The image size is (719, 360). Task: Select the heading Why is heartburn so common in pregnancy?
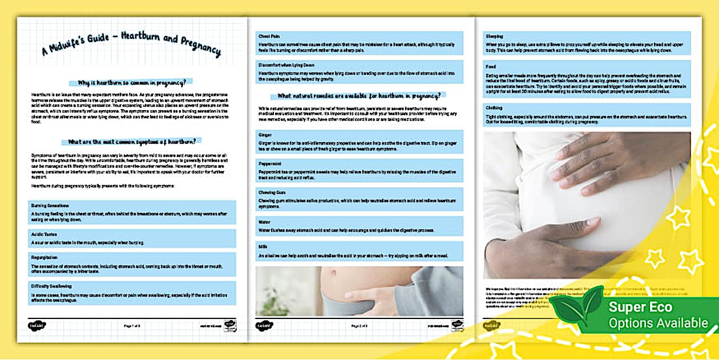[x=131, y=82]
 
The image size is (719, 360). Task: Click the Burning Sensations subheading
[x=50, y=205]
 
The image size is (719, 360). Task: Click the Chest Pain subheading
[x=269, y=36]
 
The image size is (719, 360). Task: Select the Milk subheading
[x=262, y=246]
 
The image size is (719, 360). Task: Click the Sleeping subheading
[x=495, y=35]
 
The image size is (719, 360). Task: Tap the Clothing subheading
[x=495, y=107]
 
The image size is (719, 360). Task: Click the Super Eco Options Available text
[x=657, y=315]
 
